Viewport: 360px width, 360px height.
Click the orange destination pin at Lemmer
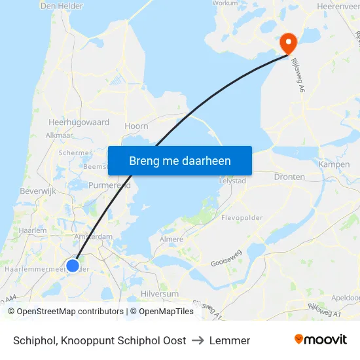(x=288, y=43)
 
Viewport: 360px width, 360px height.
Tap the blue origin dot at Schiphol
(x=73, y=265)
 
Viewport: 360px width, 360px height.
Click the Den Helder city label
(x=62, y=6)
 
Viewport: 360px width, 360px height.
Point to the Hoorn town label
(x=136, y=126)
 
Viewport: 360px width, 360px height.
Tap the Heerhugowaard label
(x=79, y=122)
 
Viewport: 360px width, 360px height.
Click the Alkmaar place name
(x=59, y=135)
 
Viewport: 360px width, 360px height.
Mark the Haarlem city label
(x=33, y=230)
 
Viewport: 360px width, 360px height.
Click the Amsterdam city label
(x=93, y=237)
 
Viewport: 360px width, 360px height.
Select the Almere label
(x=171, y=240)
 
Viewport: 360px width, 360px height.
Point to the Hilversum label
(x=160, y=295)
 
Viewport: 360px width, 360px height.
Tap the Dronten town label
(x=289, y=177)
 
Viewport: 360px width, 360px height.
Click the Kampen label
(x=334, y=164)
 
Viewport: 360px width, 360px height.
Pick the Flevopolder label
(x=242, y=217)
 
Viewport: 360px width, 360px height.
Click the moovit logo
(x=321, y=340)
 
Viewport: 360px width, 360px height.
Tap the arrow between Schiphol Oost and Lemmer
(x=198, y=340)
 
